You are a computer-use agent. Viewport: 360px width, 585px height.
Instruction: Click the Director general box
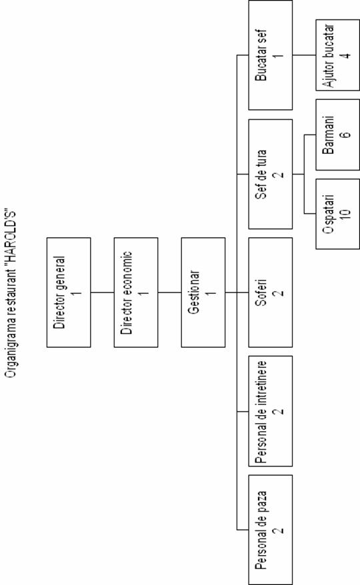tap(69, 292)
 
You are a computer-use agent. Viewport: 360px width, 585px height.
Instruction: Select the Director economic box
tap(136, 292)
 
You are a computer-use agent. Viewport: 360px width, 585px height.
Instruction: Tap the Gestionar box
tap(203, 292)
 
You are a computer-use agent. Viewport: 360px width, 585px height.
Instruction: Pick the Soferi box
tap(271, 292)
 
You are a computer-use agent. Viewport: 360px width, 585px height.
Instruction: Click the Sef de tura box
tap(271, 174)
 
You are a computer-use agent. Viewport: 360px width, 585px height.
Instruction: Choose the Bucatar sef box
tap(271, 55)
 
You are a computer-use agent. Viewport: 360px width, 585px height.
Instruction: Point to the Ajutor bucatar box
tap(337, 55)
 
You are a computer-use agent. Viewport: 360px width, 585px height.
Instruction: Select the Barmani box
tap(337, 135)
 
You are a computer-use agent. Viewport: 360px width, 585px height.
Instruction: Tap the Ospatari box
tap(337, 213)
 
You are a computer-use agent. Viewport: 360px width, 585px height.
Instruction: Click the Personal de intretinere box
tap(271, 411)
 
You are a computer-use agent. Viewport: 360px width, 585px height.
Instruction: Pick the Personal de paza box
tap(271, 530)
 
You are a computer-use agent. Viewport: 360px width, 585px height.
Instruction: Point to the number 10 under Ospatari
tap(345, 213)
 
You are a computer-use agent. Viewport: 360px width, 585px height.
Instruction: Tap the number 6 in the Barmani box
tap(346, 135)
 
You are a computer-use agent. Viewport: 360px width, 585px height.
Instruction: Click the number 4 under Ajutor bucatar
tap(346, 55)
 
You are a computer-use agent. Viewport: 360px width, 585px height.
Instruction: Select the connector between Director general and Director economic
tap(102, 292)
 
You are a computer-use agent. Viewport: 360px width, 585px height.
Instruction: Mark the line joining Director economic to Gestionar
tap(169, 292)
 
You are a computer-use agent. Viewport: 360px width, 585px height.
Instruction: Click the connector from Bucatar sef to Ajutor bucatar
tap(304, 55)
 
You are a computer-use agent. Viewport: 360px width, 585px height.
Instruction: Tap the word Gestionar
tap(195, 292)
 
